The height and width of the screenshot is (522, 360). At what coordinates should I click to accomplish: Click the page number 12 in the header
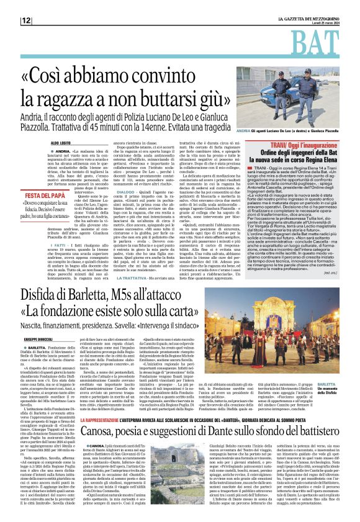coord(26,20)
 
